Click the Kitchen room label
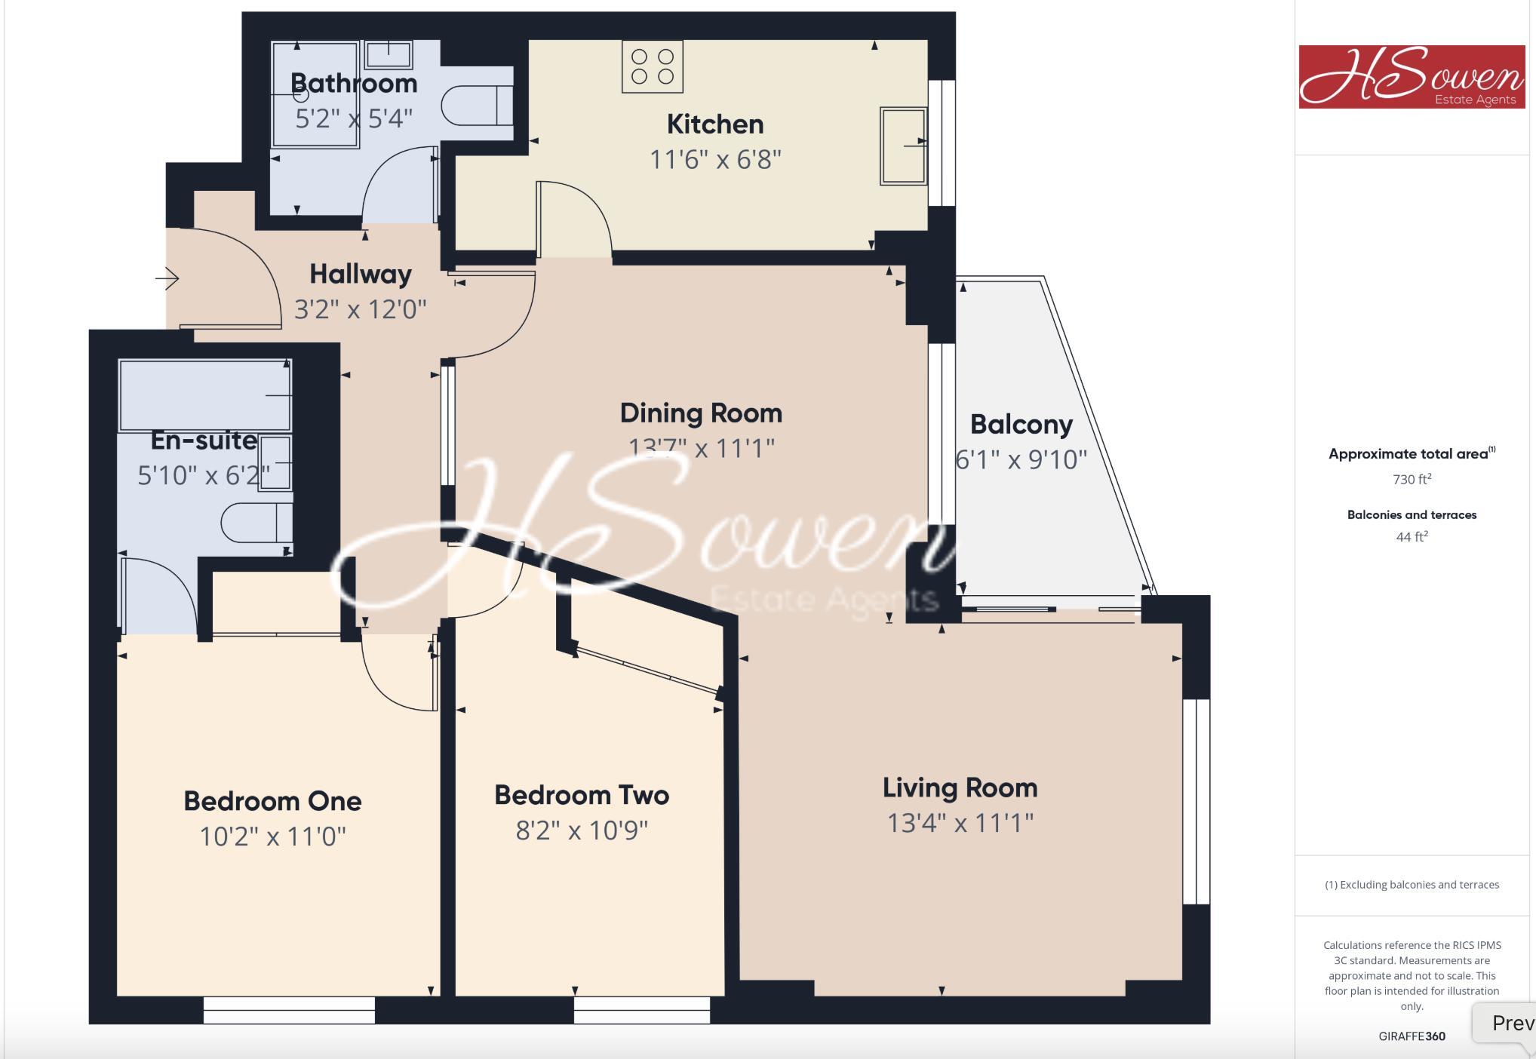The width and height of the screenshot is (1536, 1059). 714,124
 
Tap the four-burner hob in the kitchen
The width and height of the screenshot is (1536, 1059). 652,66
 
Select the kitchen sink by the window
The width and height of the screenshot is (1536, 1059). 902,146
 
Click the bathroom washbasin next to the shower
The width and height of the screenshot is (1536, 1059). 389,54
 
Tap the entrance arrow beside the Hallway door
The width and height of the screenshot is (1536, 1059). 167,279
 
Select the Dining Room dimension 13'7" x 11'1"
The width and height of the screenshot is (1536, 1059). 701,448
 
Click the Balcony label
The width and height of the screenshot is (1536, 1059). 1021,424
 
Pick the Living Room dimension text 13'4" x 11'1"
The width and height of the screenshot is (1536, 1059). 960,822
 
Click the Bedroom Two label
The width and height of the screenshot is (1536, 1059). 581,795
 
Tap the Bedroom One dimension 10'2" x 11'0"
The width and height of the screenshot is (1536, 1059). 272,836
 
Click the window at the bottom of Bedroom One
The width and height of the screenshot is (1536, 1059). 289,1010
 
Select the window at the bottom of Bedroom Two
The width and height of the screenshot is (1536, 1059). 641,1010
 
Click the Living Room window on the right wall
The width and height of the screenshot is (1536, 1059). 1196,801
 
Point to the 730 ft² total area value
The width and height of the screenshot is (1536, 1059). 1412,479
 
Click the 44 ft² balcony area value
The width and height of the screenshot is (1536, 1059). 1412,536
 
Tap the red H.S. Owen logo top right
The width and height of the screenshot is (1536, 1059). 1412,76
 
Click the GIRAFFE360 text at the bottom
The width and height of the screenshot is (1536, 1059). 1412,1036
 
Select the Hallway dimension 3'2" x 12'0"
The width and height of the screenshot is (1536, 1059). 360,309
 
